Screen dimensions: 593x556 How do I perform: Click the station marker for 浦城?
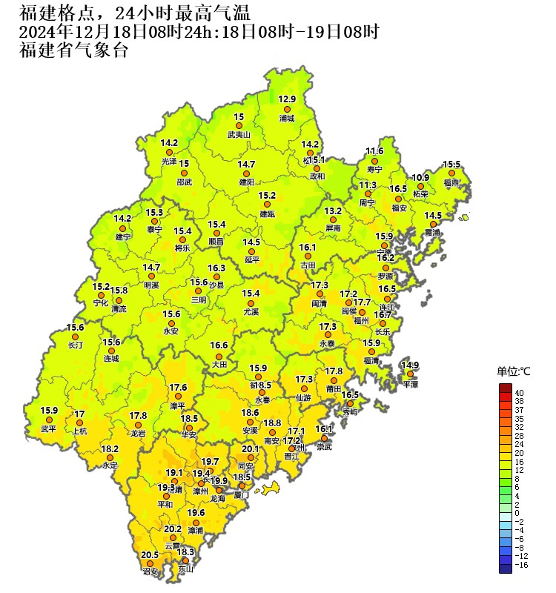click(x=287, y=109)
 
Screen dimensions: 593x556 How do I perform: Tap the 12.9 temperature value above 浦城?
click(x=287, y=99)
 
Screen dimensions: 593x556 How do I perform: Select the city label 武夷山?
click(x=239, y=135)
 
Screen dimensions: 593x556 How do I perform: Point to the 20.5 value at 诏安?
click(x=150, y=554)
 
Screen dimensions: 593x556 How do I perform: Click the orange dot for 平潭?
click(x=410, y=374)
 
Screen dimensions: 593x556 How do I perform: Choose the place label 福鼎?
click(x=451, y=182)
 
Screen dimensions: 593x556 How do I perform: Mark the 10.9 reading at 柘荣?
click(x=420, y=177)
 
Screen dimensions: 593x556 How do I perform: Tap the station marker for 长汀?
click(x=75, y=337)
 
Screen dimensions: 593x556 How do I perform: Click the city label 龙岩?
click(x=139, y=433)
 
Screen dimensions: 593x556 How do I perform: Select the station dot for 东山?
click(x=185, y=561)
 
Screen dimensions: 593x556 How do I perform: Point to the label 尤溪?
click(x=251, y=313)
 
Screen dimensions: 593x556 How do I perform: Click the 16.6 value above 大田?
click(x=219, y=345)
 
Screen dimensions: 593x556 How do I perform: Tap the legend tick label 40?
click(x=520, y=392)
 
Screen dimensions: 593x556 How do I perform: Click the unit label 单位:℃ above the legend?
click(x=514, y=371)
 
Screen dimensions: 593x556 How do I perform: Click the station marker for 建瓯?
click(x=267, y=205)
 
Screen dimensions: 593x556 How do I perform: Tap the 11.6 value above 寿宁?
click(x=374, y=151)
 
